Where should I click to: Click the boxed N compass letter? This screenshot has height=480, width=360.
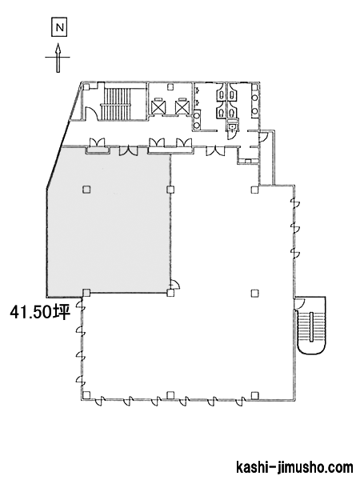tap(59, 28)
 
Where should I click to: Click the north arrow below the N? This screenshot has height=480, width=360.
tap(58, 58)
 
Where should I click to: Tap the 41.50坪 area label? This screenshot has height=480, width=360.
tap(41, 313)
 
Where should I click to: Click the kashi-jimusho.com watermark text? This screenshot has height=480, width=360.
tap(294, 467)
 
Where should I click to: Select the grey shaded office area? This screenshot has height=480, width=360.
tap(109, 221)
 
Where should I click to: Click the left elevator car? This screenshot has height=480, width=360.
tap(158, 106)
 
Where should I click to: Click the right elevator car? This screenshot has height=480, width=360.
tap(182, 106)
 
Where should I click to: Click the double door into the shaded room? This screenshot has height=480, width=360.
tap(129, 150)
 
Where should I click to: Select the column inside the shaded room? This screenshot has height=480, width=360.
tap(86, 190)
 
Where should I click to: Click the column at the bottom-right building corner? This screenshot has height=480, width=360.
tap(254, 395)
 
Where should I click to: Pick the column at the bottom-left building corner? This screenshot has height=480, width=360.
tap(86, 395)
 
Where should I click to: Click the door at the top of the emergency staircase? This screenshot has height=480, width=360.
tap(299, 304)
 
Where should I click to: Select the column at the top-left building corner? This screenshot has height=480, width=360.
tap(86, 86)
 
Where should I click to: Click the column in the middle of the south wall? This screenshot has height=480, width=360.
tap(171, 395)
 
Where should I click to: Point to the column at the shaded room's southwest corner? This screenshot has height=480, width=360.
tap(86, 293)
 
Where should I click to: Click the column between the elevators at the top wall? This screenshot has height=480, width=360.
tap(170, 87)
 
